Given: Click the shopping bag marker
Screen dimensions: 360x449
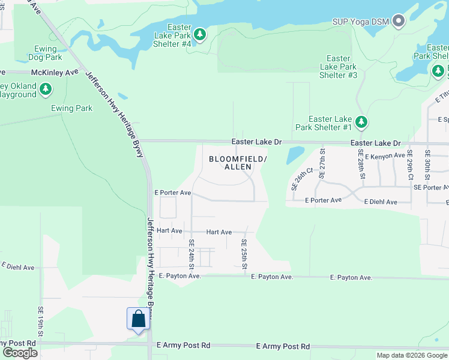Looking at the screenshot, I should click(138, 319).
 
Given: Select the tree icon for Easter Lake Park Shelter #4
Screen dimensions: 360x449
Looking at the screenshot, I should click(200, 35).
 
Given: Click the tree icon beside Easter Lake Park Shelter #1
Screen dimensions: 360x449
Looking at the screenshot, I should click(361, 122).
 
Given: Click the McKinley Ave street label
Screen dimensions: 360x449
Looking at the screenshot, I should click(56, 72).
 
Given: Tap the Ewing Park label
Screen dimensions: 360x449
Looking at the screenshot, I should click(72, 109).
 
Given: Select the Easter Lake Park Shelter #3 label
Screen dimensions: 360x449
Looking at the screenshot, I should click(339, 67).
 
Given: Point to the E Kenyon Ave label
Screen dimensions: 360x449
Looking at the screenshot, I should click(385, 156).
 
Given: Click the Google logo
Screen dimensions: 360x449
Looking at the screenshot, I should click(20, 352).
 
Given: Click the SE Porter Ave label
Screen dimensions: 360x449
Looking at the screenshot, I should click(431, 187).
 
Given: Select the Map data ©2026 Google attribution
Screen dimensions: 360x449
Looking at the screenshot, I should click(411, 355).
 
